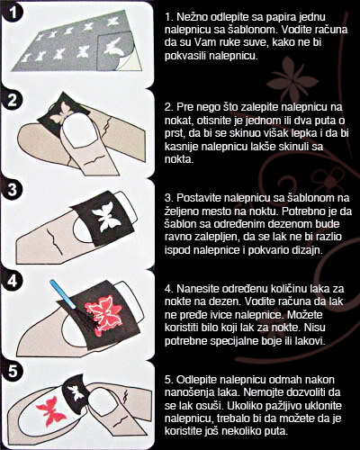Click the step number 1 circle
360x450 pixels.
pyautogui.click(x=12, y=13)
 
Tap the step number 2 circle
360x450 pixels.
pyautogui.click(x=13, y=101)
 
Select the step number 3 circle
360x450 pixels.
pyautogui.click(x=13, y=190)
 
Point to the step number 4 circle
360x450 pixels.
pyautogui.click(x=13, y=281)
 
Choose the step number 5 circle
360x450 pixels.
pyautogui.click(x=13, y=372)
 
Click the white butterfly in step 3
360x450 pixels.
pyautogui.click(x=104, y=216)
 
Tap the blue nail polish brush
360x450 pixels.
pyautogui.click(x=62, y=293)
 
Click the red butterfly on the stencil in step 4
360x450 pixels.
pyautogui.click(x=103, y=312)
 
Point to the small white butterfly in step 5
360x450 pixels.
pyautogui.click(x=76, y=392)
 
